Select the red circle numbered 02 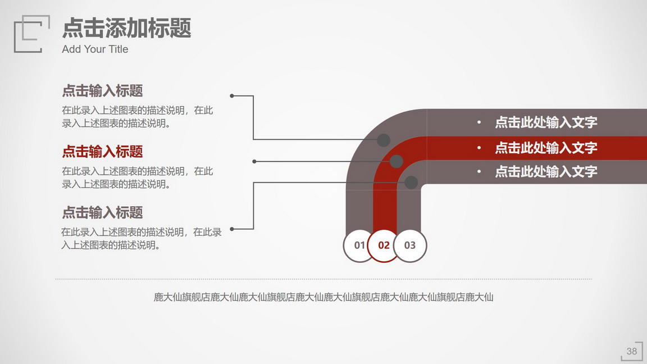click(x=384, y=245)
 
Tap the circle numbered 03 click(x=410, y=245)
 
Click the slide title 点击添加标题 click(x=127, y=28)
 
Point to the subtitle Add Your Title click(x=95, y=49)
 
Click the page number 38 click(x=632, y=351)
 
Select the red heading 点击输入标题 click(x=102, y=152)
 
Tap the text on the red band click(x=546, y=148)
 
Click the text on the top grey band click(x=546, y=122)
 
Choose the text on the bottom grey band click(x=546, y=171)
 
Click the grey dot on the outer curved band click(x=384, y=140)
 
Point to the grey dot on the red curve click(x=396, y=161)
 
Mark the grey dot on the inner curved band click(x=411, y=183)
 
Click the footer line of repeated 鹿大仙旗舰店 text click(x=323, y=297)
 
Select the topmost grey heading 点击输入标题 click(x=102, y=91)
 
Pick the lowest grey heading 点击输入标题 click(x=102, y=212)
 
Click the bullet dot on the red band click(x=479, y=148)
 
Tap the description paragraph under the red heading click(x=138, y=178)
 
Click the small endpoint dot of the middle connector click(x=254, y=161)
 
